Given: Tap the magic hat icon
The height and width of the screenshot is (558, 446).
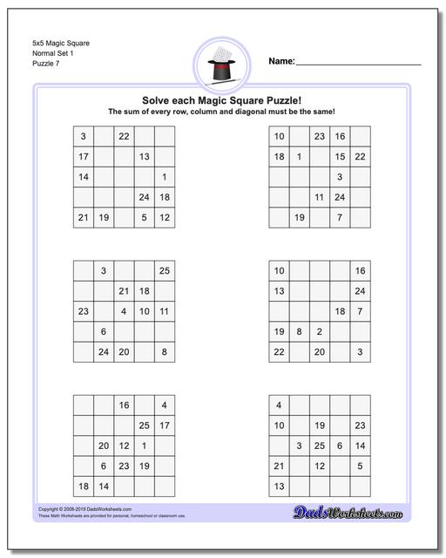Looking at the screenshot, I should (222, 65).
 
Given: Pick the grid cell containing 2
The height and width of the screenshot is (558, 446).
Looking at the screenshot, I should (320, 331).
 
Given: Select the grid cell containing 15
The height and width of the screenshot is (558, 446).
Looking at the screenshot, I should (340, 157).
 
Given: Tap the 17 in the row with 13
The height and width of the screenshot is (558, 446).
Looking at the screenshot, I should (83, 157).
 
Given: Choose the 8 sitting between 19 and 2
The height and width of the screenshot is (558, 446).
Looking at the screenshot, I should (299, 331).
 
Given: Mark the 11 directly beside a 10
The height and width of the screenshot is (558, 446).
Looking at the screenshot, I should (164, 311).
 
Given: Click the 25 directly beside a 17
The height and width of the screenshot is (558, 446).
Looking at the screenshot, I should (144, 425).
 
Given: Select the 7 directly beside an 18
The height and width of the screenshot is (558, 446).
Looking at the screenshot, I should (360, 311).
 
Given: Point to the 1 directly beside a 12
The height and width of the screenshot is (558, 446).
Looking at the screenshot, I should (144, 446).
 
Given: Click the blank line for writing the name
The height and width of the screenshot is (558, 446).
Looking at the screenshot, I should (358, 64).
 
